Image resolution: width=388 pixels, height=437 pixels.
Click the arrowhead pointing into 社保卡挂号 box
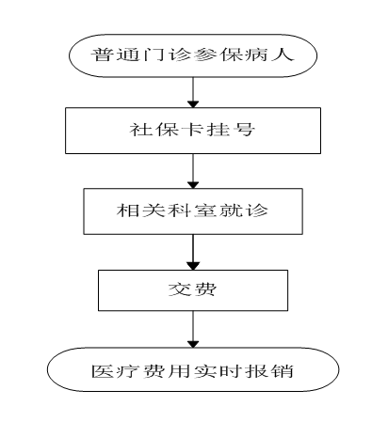pyautogui.click(x=193, y=104)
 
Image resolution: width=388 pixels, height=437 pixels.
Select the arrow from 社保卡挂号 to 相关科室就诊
pyautogui.click(x=193, y=171)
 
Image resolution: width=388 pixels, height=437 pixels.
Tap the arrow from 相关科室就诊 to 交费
pyautogui.click(x=193, y=252)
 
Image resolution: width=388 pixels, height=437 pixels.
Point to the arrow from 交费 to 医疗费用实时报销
pyautogui.click(x=193, y=329)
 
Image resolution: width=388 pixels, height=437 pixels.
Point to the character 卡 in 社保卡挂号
pyautogui.click(x=192, y=129)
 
